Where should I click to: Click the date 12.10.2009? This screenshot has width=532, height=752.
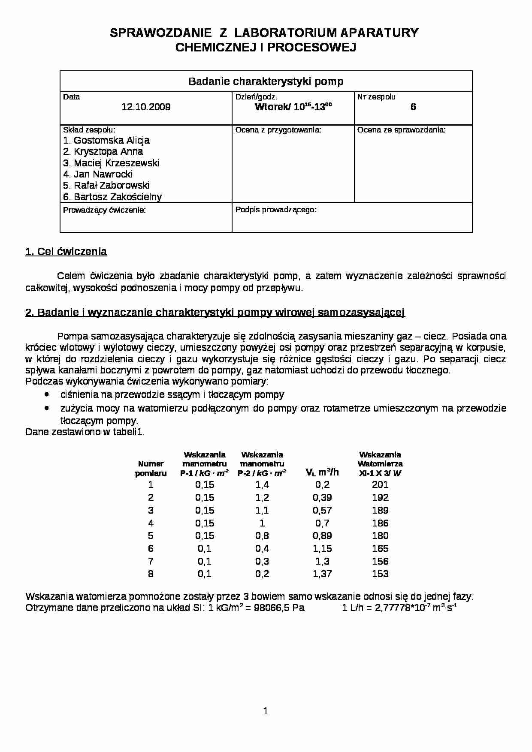[x=146, y=107]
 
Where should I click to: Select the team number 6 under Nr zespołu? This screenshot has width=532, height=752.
[x=413, y=107]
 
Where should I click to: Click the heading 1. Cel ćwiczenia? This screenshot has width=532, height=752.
[x=66, y=252]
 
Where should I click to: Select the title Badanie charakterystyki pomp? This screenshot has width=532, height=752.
[x=266, y=81]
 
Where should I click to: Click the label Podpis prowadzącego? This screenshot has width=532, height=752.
[x=276, y=210]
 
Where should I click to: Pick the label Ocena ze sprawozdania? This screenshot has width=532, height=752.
[x=401, y=129]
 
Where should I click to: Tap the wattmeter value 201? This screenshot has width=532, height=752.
[x=380, y=484]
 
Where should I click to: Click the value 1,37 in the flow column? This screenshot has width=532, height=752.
[x=322, y=574]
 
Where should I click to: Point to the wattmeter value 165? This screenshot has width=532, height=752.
[x=380, y=548]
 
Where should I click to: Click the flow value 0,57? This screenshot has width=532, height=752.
[x=322, y=510]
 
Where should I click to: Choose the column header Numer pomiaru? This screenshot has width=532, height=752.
[x=151, y=468]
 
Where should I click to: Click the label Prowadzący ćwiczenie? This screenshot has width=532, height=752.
[x=104, y=210]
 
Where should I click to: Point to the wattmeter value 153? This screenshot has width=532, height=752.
[x=380, y=574]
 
